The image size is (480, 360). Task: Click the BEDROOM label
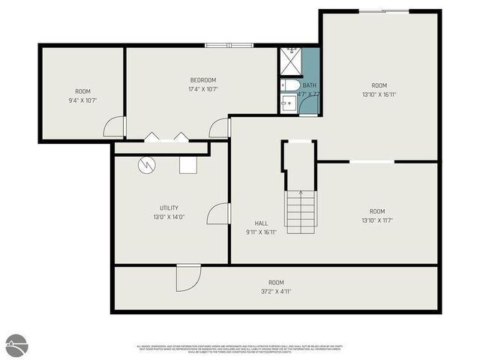coord(203,80)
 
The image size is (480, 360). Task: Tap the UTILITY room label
coord(169,208)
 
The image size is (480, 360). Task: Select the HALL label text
coord(261,223)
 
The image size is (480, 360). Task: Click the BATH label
coord(309,85)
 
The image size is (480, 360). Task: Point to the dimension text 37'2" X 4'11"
coord(276,291)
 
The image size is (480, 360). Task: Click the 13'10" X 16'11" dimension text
coord(378,94)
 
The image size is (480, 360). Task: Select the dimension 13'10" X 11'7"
coord(377,220)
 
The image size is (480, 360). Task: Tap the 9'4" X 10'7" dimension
coord(82,100)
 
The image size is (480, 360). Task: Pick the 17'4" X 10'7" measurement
coord(203,89)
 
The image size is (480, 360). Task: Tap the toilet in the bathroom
coord(291,85)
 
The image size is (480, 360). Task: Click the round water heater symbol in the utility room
coord(146,163)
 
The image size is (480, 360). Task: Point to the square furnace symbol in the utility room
coord(187,163)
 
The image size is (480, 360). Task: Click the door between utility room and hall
coord(217,214)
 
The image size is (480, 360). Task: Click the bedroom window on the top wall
coord(229,45)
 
